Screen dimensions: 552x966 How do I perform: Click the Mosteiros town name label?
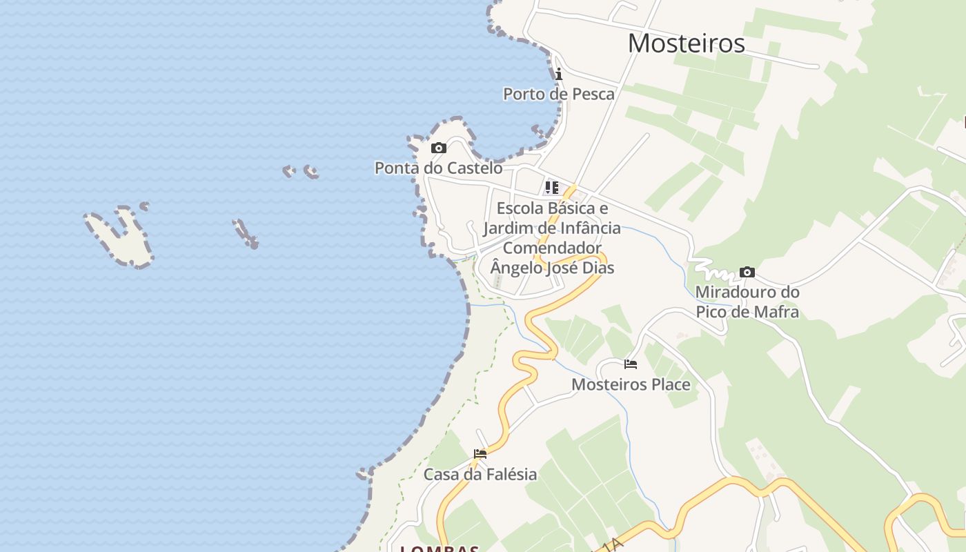coord(686,43)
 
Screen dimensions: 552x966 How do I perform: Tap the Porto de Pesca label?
coord(558,94)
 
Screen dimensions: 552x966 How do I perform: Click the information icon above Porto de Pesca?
coord(558,74)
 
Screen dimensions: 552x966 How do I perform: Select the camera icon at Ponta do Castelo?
coord(438,148)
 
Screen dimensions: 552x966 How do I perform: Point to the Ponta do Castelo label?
coord(438,168)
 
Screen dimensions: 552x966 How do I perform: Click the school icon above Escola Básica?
coord(552,188)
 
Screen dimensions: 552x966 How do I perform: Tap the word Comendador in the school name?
coord(552,248)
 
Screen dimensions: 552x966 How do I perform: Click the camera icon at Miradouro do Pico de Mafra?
coord(747,272)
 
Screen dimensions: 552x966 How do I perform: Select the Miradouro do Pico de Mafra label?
coord(747,302)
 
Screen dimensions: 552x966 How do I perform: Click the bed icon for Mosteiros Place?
coord(630,364)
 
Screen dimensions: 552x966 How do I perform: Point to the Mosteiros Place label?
coord(631,384)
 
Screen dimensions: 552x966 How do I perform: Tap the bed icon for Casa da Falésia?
coord(480,454)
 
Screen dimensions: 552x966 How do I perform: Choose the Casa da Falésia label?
coord(480,474)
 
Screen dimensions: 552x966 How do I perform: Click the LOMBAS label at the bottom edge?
coord(440,549)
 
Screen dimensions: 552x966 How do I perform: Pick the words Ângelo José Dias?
coord(552,268)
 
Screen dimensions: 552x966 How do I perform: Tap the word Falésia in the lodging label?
coord(510,474)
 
